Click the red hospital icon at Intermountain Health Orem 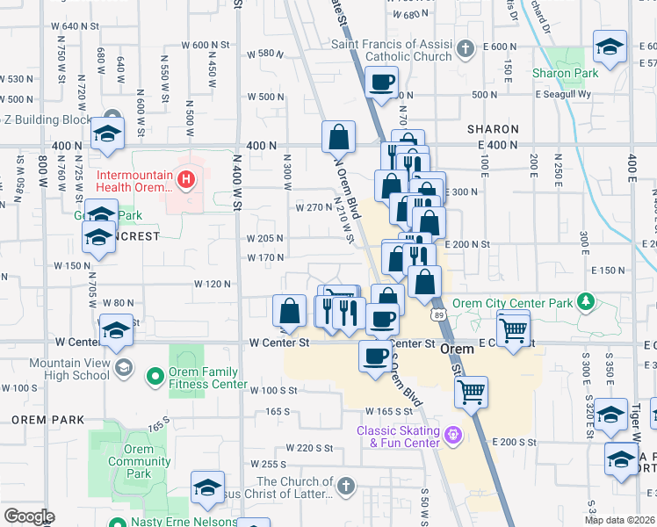(185, 182)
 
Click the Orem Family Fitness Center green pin (155, 378)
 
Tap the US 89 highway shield (437, 314)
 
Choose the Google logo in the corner (29, 516)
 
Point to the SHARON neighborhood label (493, 129)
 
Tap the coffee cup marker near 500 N (381, 83)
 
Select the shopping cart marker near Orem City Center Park (514, 328)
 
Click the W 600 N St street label (205, 45)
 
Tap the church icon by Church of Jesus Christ (347, 486)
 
